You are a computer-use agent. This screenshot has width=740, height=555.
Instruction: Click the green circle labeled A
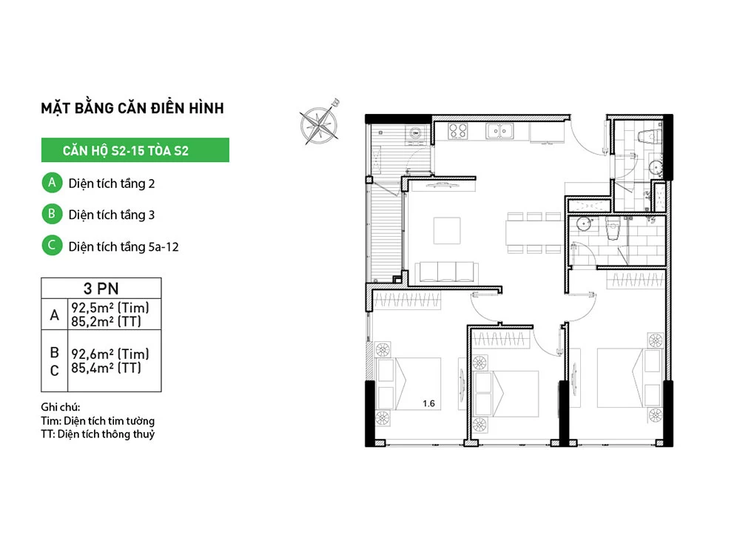click(52, 183)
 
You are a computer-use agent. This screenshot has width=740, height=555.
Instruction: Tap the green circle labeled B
click(52, 214)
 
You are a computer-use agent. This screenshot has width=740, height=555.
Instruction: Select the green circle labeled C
click(52, 246)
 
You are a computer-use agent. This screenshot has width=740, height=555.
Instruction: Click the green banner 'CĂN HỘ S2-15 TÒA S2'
click(135, 150)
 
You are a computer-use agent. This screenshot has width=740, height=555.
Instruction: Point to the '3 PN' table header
click(101, 288)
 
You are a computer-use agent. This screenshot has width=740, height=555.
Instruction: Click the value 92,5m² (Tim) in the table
click(110, 308)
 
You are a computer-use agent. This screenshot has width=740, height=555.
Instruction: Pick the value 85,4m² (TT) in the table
click(106, 368)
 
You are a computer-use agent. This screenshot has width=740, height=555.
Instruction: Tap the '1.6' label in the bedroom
click(428, 403)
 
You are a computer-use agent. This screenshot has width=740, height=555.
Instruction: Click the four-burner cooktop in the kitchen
click(457, 131)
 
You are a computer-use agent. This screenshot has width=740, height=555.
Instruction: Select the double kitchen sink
click(499, 131)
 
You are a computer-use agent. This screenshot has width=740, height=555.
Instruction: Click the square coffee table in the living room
click(447, 230)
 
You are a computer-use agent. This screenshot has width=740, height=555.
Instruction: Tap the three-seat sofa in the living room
click(446, 273)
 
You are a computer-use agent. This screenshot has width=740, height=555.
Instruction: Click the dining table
click(534, 232)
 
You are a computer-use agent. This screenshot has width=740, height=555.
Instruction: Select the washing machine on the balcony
click(416, 133)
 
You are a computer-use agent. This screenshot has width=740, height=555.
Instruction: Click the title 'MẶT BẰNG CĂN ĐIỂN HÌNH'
click(132, 107)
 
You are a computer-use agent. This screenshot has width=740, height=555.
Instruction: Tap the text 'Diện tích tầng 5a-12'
click(124, 246)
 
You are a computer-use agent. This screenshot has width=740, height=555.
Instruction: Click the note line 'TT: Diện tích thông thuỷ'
click(98, 434)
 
